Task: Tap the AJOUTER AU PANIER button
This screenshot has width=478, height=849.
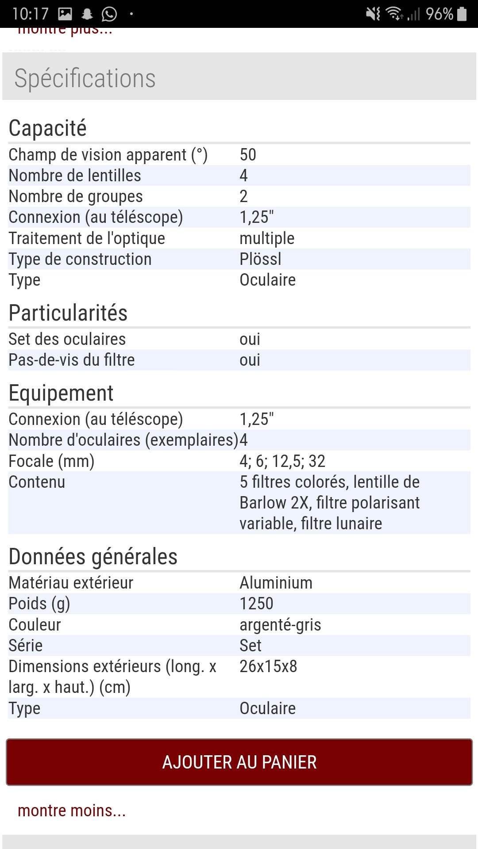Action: [239, 762]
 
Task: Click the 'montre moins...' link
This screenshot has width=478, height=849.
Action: [72, 811]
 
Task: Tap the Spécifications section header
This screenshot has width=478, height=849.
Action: [85, 78]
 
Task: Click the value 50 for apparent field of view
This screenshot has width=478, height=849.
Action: [248, 155]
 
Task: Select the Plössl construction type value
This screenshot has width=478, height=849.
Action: [260, 259]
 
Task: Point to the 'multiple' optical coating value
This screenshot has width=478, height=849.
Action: [267, 238]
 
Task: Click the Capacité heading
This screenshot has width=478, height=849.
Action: [48, 128]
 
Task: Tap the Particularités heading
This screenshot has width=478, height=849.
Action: [68, 313]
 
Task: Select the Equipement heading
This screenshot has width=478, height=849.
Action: [61, 393]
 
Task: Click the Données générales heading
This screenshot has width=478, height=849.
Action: [93, 557]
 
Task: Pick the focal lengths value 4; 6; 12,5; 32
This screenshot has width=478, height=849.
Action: [282, 461]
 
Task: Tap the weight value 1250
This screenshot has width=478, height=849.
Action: [256, 604]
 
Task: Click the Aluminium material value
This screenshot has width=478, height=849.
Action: [276, 583]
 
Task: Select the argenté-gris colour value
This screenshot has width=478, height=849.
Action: [280, 625]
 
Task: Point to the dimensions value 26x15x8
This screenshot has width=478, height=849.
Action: [268, 666]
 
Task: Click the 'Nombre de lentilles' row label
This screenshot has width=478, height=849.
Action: [75, 176]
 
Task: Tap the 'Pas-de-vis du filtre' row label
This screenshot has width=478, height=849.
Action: [72, 360]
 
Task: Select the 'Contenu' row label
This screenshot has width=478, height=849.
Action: [37, 482]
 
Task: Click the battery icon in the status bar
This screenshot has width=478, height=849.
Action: [462, 14]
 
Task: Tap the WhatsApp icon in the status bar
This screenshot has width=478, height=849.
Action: [109, 14]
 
